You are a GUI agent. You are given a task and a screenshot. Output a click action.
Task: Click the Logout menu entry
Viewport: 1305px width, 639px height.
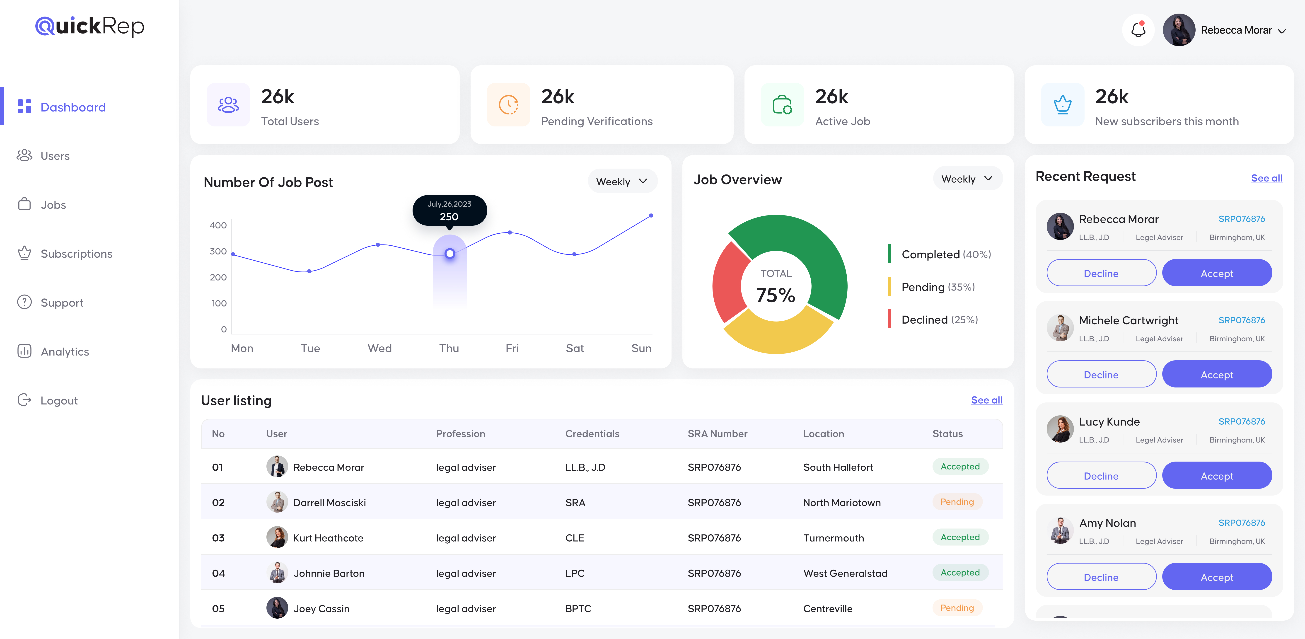tap(59, 400)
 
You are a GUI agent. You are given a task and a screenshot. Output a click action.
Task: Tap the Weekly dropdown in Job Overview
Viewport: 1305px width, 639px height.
tap(967, 179)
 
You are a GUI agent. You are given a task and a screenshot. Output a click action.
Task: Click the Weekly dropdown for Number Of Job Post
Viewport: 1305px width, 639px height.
tap(622, 182)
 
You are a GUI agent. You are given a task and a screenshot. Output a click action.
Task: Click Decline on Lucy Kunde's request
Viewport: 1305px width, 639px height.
tap(1101, 476)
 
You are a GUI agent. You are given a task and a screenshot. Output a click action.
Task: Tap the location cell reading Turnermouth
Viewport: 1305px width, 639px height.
tap(833, 538)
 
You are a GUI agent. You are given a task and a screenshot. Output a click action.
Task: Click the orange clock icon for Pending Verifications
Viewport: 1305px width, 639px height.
tap(508, 105)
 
